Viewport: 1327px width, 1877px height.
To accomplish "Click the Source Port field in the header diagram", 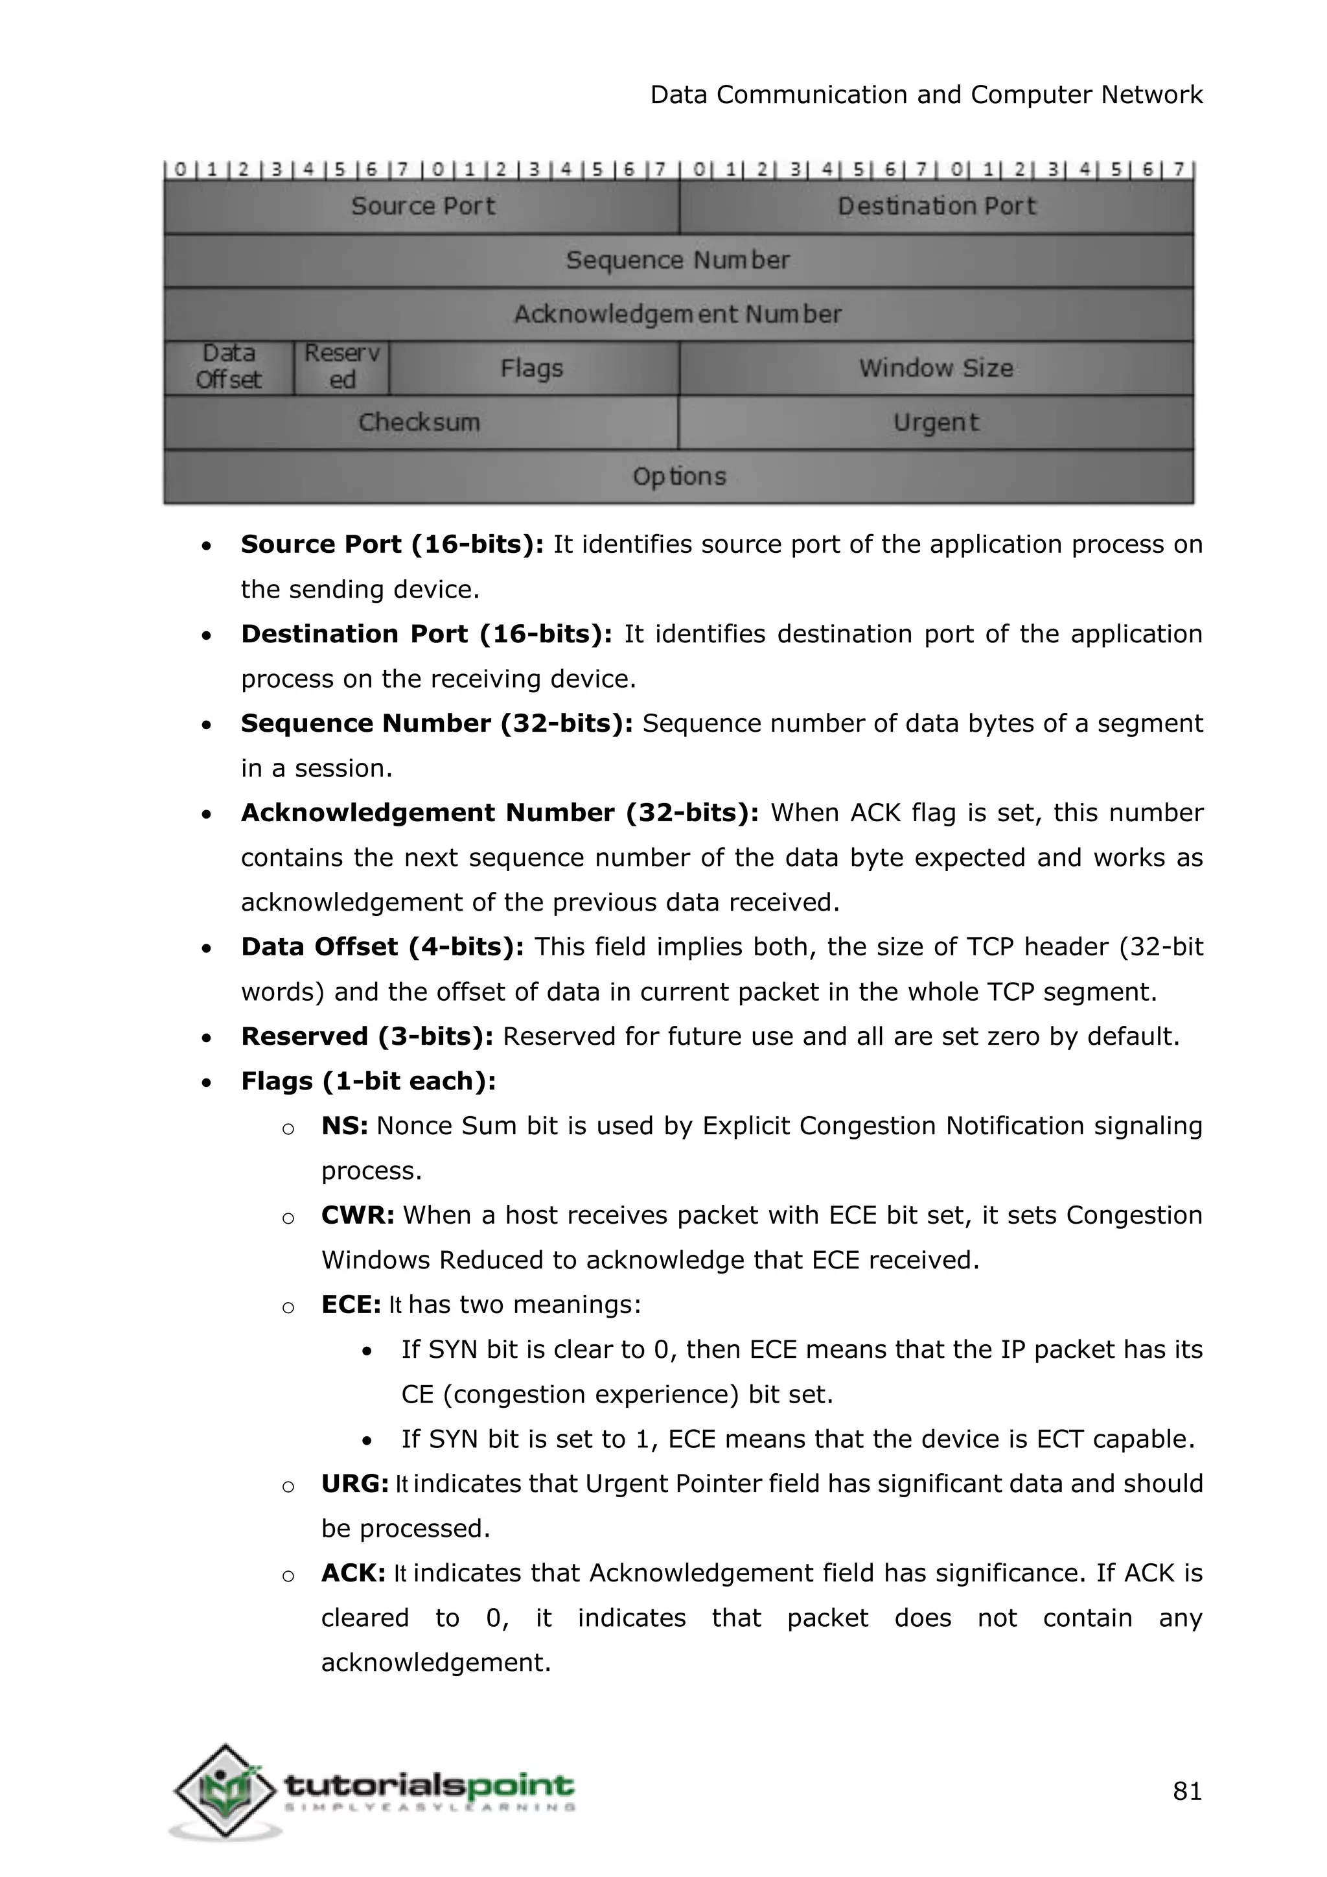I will pyautogui.click(x=422, y=206).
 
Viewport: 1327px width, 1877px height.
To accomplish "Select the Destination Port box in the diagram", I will pyautogui.click(x=936, y=206).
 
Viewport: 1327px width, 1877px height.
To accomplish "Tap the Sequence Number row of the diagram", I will pyautogui.click(x=678, y=260).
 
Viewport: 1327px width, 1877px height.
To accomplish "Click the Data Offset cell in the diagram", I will pyautogui.click(x=229, y=368).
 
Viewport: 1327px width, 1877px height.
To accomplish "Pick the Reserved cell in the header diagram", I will pyautogui.click(x=341, y=368).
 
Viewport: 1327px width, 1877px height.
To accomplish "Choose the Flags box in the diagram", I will pyautogui.click(x=533, y=368).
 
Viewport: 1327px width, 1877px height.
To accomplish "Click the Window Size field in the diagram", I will pyautogui.click(x=936, y=368).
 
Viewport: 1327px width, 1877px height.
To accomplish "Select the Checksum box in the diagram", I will pyautogui.click(x=420, y=423).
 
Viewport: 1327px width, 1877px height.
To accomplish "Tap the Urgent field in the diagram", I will pyautogui.click(x=936, y=423).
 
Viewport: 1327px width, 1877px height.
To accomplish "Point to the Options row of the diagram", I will pyautogui.click(x=678, y=476).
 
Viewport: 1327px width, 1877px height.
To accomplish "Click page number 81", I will pyautogui.click(x=1187, y=1792).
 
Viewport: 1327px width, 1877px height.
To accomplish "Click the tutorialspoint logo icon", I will pyautogui.click(x=224, y=1792).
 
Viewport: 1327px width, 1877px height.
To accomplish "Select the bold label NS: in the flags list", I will pyautogui.click(x=344, y=1126).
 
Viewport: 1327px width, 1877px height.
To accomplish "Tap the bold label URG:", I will pyautogui.click(x=354, y=1485).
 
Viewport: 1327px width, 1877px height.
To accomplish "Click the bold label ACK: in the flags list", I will pyautogui.click(x=353, y=1574).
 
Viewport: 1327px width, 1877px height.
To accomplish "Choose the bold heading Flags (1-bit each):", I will pyautogui.click(x=369, y=1082).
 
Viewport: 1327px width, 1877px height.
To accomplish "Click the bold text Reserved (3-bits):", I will pyautogui.click(x=367, y=1036).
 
